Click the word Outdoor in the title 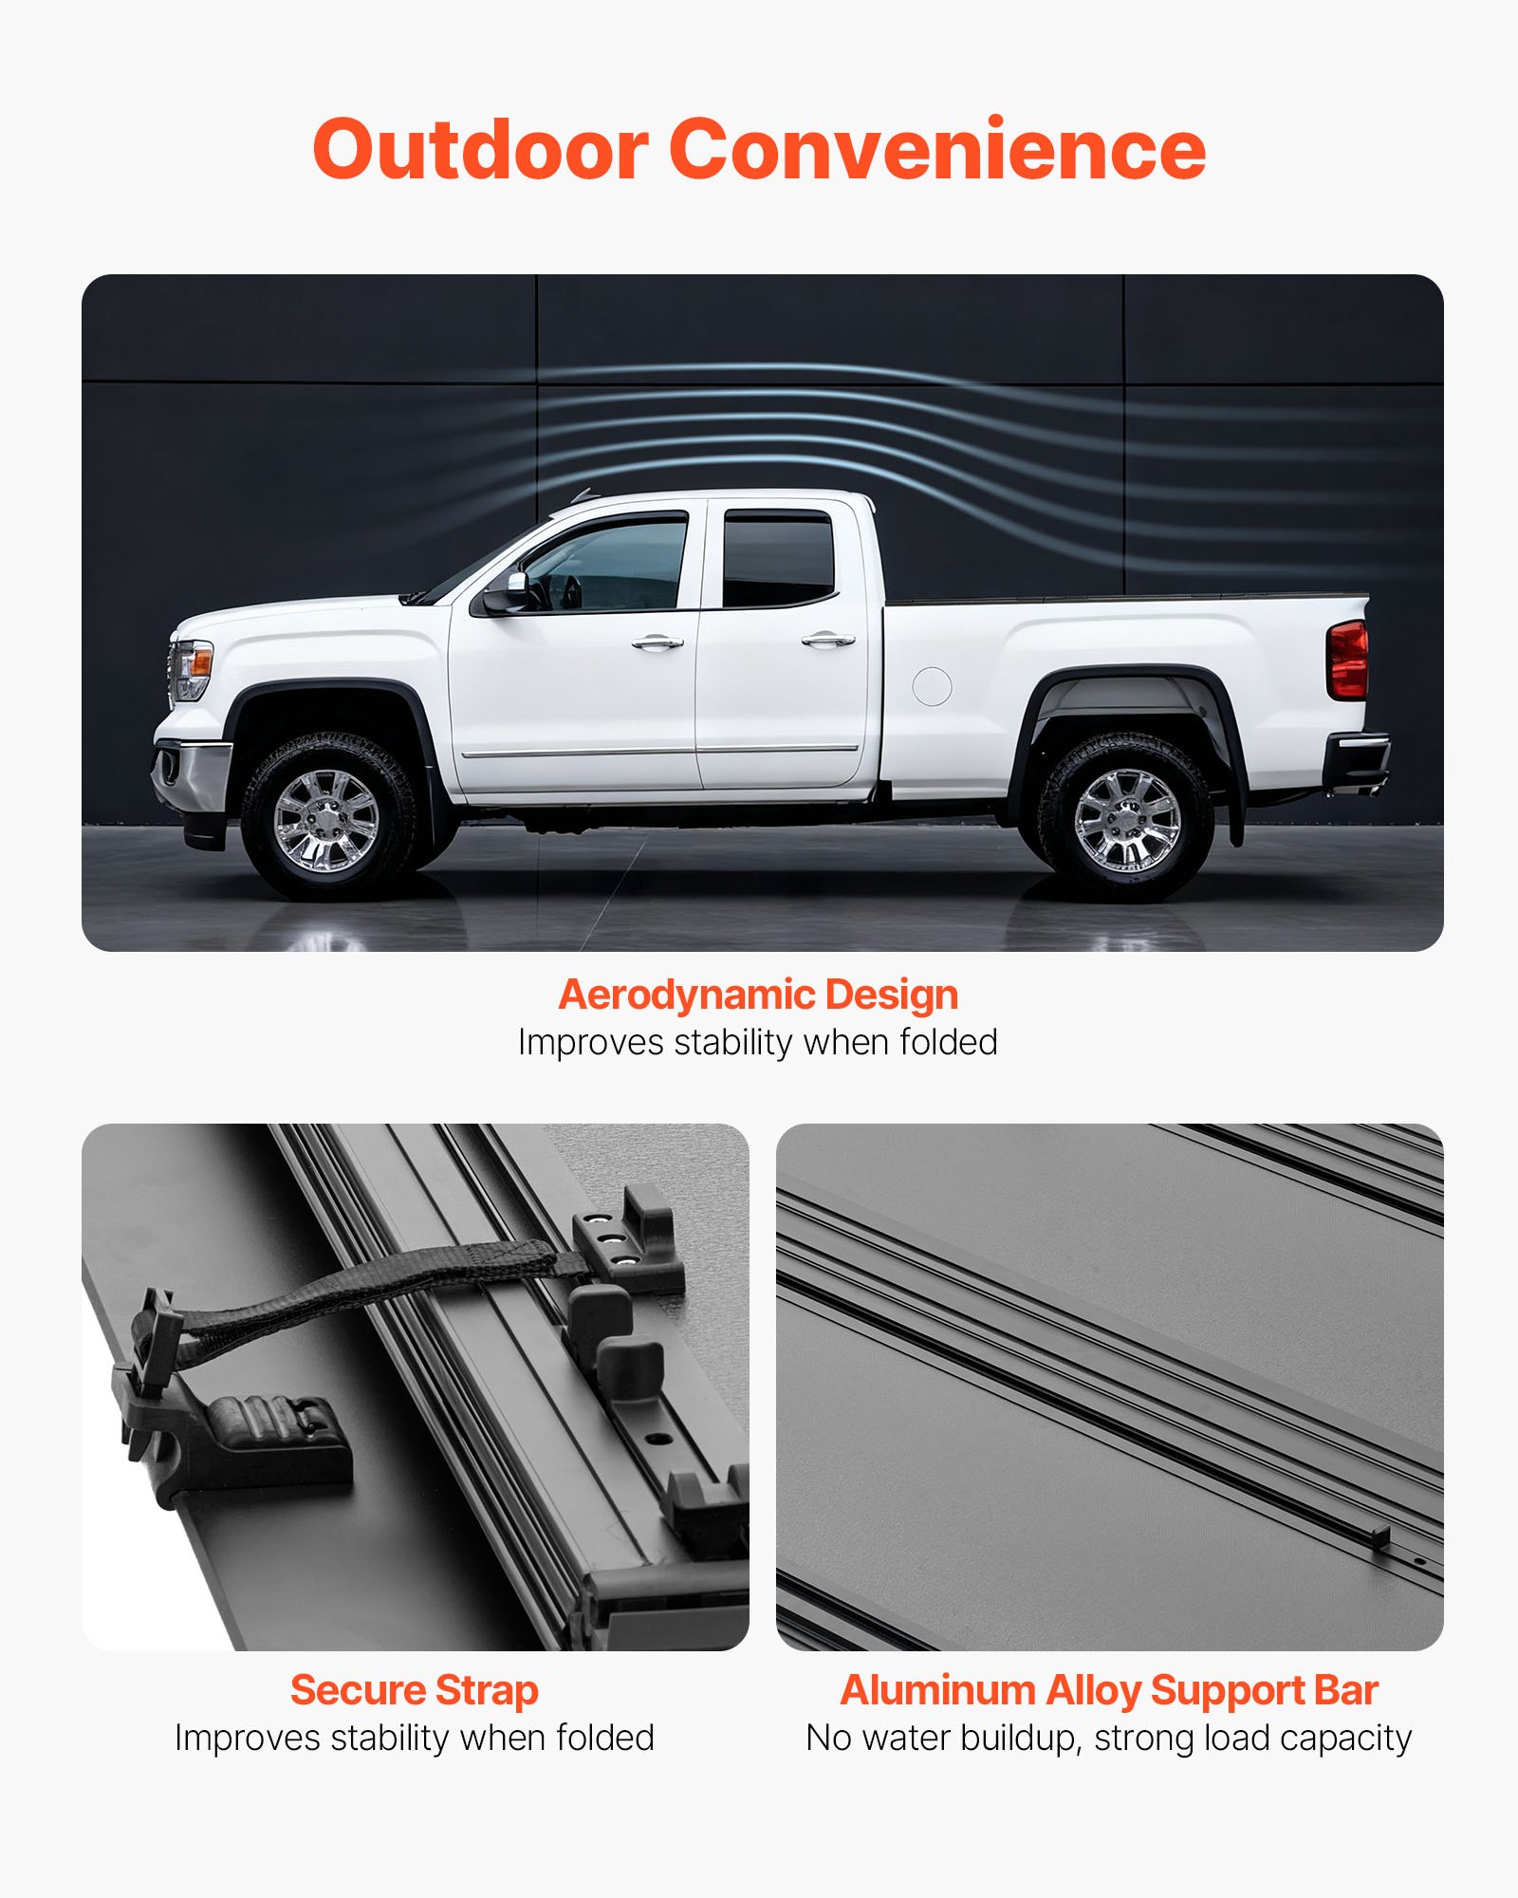coord(480,150)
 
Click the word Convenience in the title coord(937,150)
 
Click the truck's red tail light coord(1348,660)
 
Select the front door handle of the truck coord(657,643)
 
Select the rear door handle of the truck coord(827,641)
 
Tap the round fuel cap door coord(932,686)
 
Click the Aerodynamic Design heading coord(758,995)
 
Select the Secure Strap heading coord(415,1690)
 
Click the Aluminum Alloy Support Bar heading coord(1109,1690)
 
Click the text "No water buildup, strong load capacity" coord(1109,1739)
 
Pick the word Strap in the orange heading coord(486,1690)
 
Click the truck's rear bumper coord(1359,759)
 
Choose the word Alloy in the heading coord(1094,1690)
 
